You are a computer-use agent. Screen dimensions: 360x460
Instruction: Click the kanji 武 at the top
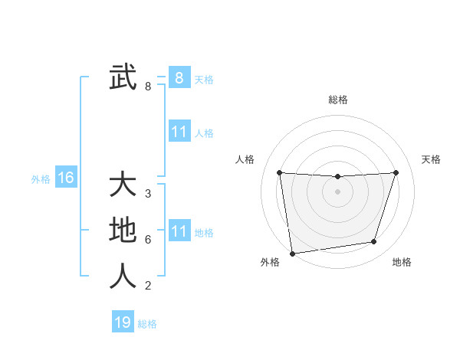point(123,77)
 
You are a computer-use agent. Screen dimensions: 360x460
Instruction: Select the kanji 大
point(123,185)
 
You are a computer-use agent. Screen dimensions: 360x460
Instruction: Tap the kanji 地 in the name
point(123,231)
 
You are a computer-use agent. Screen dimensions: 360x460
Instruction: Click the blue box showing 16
point(66,178)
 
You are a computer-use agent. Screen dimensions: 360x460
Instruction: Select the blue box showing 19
point(123,322)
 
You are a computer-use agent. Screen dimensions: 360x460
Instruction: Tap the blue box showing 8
point(179,77)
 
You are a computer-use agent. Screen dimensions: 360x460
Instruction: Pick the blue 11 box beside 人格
point(179,132)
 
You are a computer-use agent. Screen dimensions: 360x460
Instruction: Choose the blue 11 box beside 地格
point(179,231)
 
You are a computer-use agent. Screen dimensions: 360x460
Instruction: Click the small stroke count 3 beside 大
point(148,194)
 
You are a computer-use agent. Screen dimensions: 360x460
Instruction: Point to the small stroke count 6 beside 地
point(148,239)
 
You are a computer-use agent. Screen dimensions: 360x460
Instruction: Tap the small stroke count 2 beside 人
point(148,286)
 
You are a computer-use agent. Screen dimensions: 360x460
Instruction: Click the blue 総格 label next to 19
point(147,324)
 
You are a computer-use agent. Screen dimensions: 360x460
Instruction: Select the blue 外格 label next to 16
point(41,179)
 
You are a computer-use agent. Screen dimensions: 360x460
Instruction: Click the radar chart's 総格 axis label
point(337,100)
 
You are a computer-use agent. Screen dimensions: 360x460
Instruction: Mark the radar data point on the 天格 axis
point(396,172)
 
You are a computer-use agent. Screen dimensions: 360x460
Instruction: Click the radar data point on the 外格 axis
point(292,254)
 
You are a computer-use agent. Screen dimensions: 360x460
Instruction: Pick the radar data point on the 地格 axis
point(374,242)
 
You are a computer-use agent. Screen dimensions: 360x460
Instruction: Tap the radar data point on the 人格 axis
point(279,172)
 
